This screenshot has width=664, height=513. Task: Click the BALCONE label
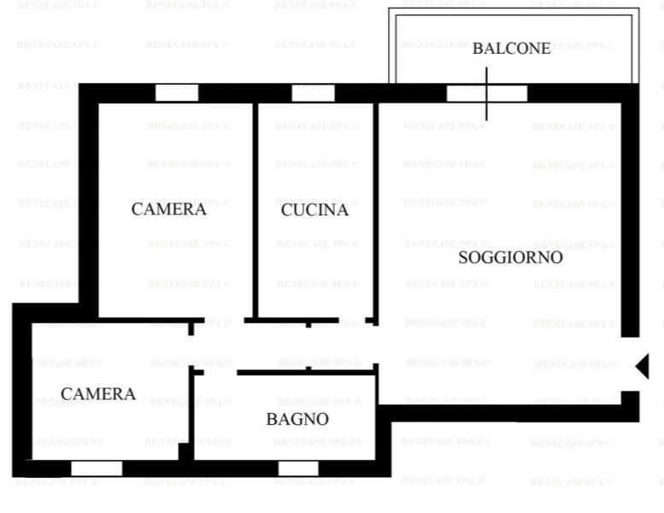point(512,48)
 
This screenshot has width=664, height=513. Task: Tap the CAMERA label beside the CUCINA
point(169,209)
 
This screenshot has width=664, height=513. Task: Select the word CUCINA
point(314,209)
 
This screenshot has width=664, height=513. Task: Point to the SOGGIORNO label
point(510,257)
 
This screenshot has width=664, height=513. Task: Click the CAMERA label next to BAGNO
point(98,393)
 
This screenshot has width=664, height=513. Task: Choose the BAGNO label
point(297,419)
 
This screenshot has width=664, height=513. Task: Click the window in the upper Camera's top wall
point(177,93)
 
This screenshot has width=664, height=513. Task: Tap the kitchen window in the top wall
point(314,93)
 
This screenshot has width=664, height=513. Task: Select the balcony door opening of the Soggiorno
point(487,93)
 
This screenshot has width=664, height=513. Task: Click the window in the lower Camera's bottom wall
point(97,469)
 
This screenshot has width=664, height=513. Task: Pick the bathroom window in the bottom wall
point(298,469)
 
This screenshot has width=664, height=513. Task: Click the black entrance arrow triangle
point(643,367)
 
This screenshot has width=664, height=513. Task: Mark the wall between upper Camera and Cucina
point(256,210)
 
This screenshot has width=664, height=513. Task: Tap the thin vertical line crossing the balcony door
point(486,94)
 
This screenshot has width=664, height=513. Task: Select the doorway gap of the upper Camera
point(225,321)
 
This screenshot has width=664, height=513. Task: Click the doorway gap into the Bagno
point(220,373)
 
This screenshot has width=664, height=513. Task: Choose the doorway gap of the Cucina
point(352,321)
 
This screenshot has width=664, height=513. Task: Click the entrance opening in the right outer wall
point(630,364)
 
